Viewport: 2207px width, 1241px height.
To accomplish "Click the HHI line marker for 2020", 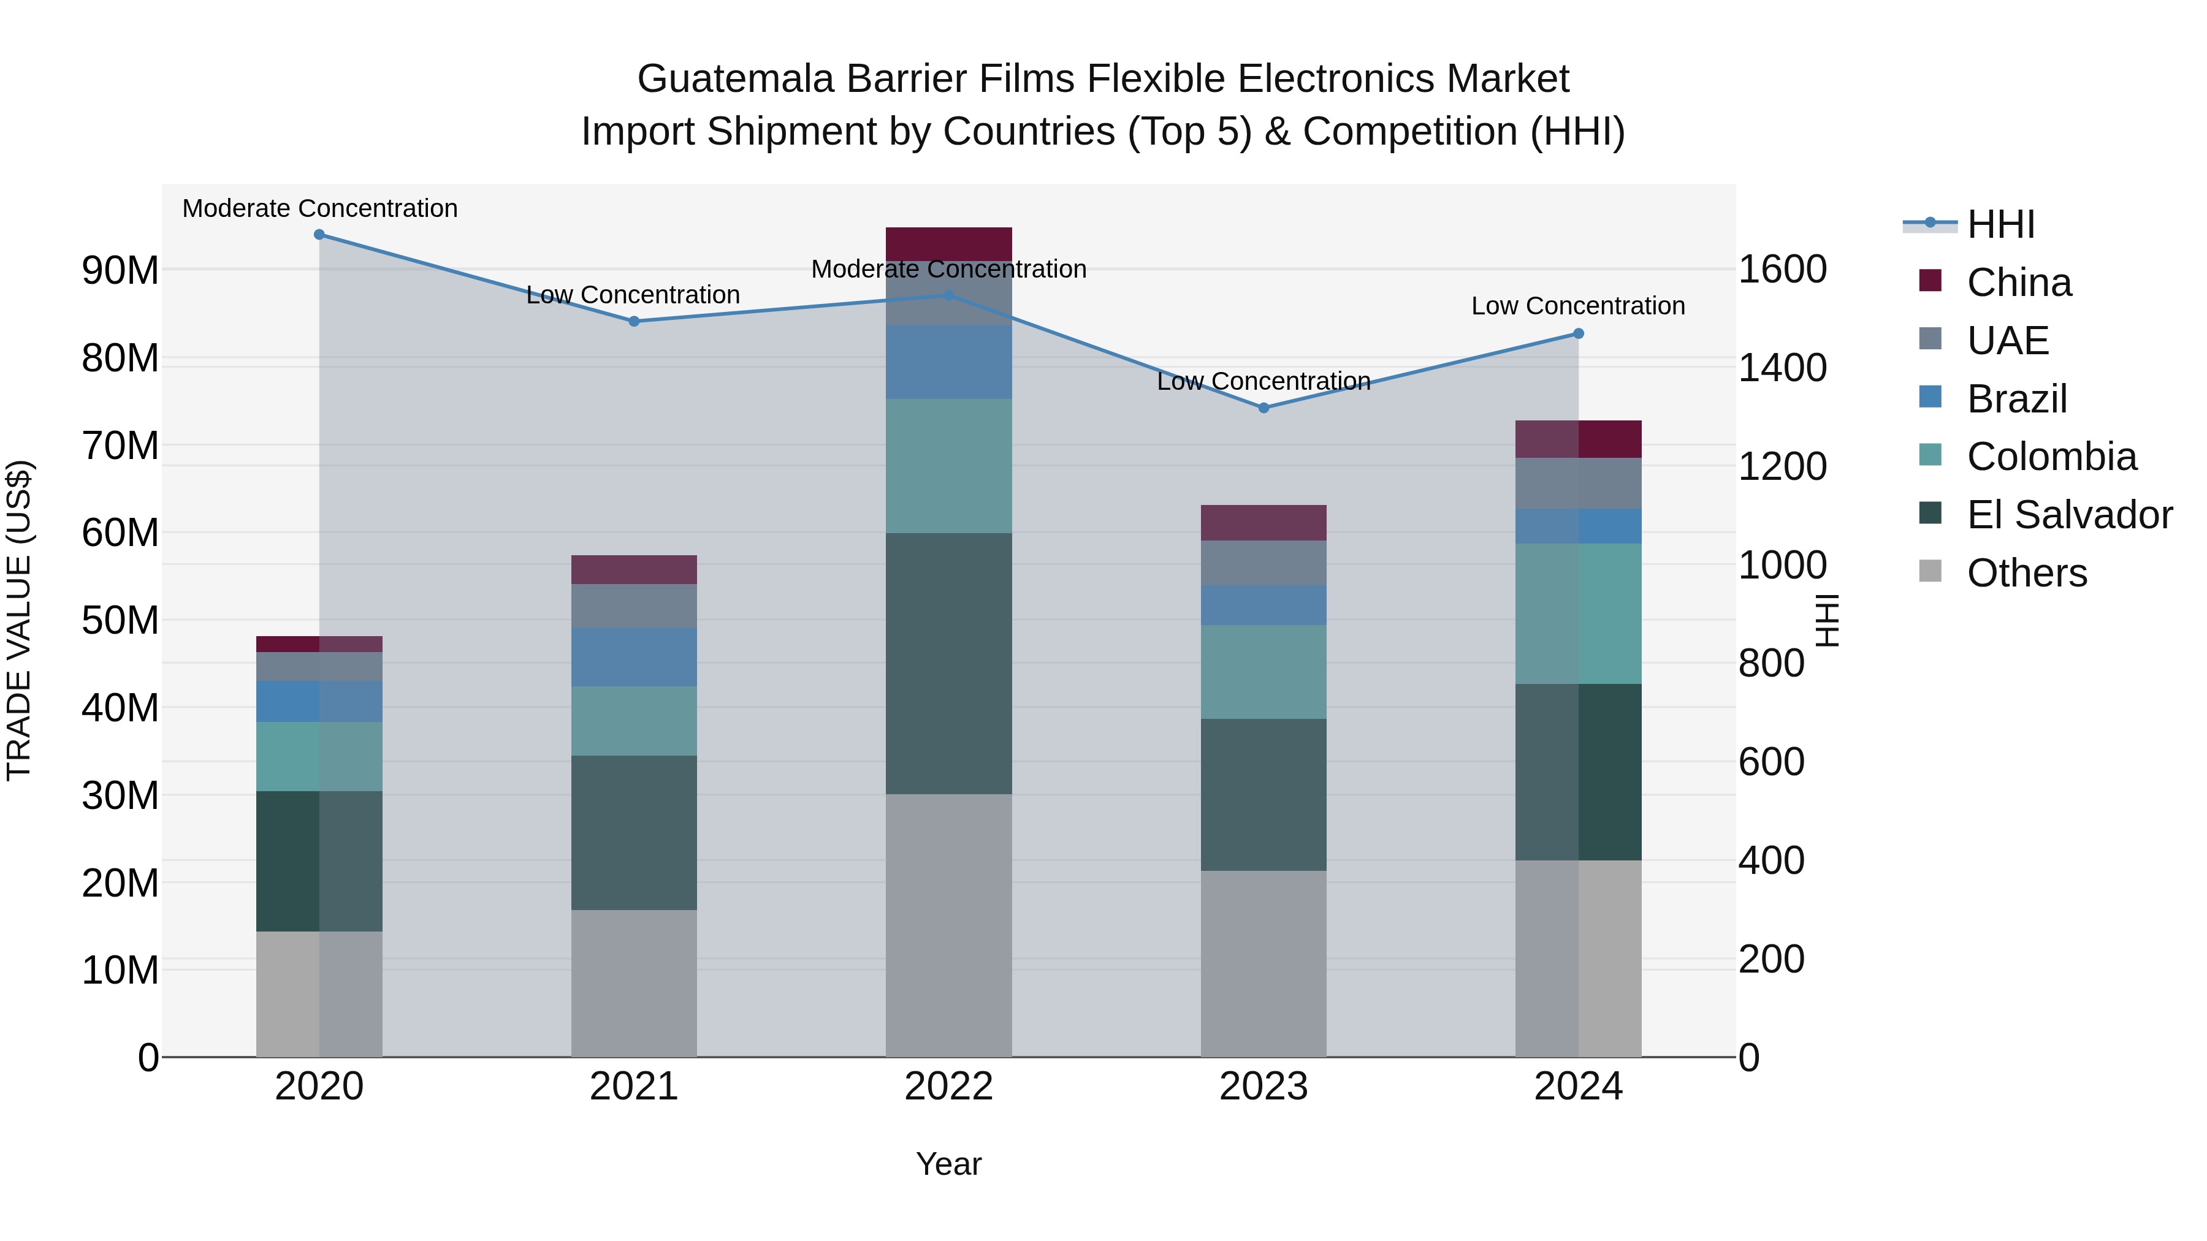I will click(x=319, y=235).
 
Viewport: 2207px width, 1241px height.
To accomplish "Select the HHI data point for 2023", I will click(x=1263, y=408).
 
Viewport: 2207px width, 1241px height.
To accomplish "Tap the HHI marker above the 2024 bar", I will click(x=1578, y=334).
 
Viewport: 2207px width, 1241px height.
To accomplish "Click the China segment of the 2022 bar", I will click(x=948, y=244).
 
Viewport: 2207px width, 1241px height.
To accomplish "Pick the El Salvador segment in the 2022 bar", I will click(x=948, y=664).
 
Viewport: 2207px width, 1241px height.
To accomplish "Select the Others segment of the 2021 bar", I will click(x=634, y=983).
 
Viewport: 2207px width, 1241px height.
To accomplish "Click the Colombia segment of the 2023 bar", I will click(x=1263, y=672).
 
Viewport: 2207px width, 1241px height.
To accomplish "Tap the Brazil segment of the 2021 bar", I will click(x=634, y=657).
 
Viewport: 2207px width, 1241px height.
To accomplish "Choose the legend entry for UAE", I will click(x=2007, y=341).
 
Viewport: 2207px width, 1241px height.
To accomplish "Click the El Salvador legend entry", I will click(x=2068, y=515).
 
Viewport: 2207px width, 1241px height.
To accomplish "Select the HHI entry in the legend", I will click(x=2000, y=224).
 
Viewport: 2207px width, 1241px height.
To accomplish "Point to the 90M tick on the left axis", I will click(x=120, y=271).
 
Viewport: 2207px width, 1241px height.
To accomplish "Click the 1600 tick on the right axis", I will click(x=1782, y=269).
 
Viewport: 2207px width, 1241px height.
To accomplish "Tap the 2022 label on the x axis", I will click(x=948, y=1087).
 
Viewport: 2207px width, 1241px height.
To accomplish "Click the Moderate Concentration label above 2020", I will click(x=319, y=208).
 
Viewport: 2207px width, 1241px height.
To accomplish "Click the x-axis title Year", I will click(x=948, y=1164).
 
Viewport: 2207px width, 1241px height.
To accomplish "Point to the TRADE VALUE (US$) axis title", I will click(x=19, y=620).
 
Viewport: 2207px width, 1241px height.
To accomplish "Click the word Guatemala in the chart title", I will click(x=735, y=79).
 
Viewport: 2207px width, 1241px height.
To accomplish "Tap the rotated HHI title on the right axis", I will click(x=1827, y=620).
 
